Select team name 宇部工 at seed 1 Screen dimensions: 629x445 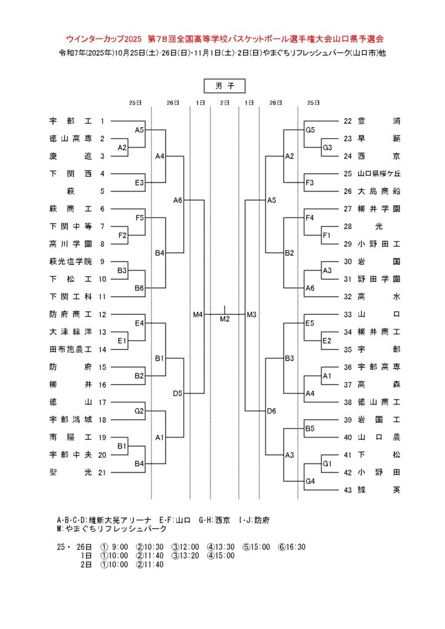[x=70, y=122]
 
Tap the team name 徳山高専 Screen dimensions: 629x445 [x=70, y=139]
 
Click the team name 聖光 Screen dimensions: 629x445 [x=70, y=472]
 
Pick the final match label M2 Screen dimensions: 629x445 [x=224, y=319]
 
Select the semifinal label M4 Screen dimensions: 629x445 [x=197, y=314]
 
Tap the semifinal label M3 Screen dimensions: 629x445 [x=251, y=314]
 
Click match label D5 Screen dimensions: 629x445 [x=178, y=393]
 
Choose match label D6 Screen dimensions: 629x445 [x=272, y=411]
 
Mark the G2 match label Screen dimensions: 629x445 [x=139, y=411]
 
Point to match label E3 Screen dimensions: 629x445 [x=139, y=182]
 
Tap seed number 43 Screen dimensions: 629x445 [x=349, y=490]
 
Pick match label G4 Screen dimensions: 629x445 [x=310, y=481]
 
